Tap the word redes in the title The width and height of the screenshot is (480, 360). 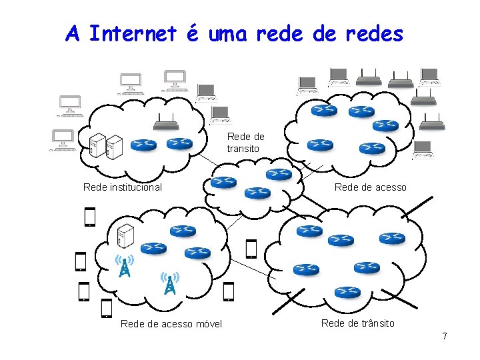pyautogui.click(x=373, y=33)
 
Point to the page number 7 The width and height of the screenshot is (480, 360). pyautogui.click(x=444, y=336)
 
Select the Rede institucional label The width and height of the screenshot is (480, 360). pyautogui.click(x=122, y=187)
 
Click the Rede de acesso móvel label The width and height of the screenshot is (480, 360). pyautogui.click(x=171, y=325)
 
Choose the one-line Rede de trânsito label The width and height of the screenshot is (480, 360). pyautogui.click(x=357, y=323)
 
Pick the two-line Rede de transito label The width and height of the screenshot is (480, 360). pyautogui.click(x=245, y=143)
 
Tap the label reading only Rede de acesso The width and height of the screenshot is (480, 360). pyautogui.click(x=370, y=187)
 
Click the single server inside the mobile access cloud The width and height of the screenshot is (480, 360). pyautogui.click(x=125, y=235)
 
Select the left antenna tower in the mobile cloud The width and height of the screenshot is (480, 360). pyautogui.click(x=124, y=265)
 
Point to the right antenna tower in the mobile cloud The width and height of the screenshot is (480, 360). pyautogui.click(x=170, y=283)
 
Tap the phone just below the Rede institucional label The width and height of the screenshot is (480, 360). pyautogui.click(x=90, y=217)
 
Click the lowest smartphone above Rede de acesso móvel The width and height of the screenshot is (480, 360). pyautogui.click(x=106, y=308)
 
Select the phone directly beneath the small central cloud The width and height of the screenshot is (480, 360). pyautogui.click(x=251, y=248)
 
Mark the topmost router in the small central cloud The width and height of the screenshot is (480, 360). pyautogui.click(x=279, y=174)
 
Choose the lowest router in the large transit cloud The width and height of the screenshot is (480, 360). pyautogui.click(x=347, y=291)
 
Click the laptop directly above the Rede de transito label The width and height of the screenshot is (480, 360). pyautogui.click(x=219, y=115)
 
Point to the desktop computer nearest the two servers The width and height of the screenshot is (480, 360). pyautogui.click(x=64, y=140)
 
